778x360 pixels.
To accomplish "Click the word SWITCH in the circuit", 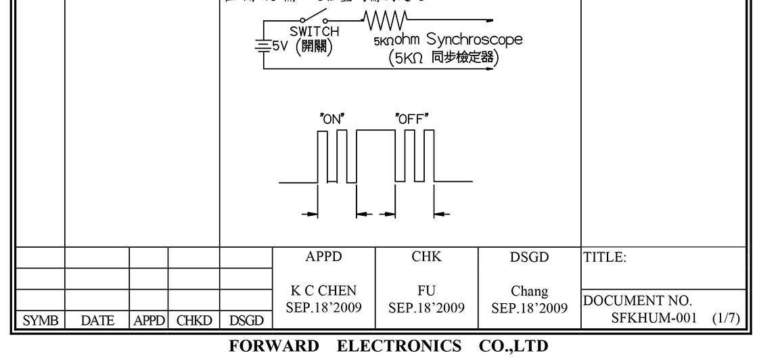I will coord(315,31).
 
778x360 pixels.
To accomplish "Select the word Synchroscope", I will coord(475,39).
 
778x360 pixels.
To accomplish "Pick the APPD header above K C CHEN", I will coord(324,257).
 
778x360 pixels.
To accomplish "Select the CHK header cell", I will coord(426,257).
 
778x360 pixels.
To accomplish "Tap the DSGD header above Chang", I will coord(530,257).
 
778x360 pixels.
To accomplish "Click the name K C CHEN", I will coord(324,292).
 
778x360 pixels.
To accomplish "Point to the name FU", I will coord(426,292).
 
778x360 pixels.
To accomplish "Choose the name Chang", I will coord(530,292).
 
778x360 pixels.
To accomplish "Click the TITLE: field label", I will coord(605,257).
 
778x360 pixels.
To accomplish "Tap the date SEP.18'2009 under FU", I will coord(426,307).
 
